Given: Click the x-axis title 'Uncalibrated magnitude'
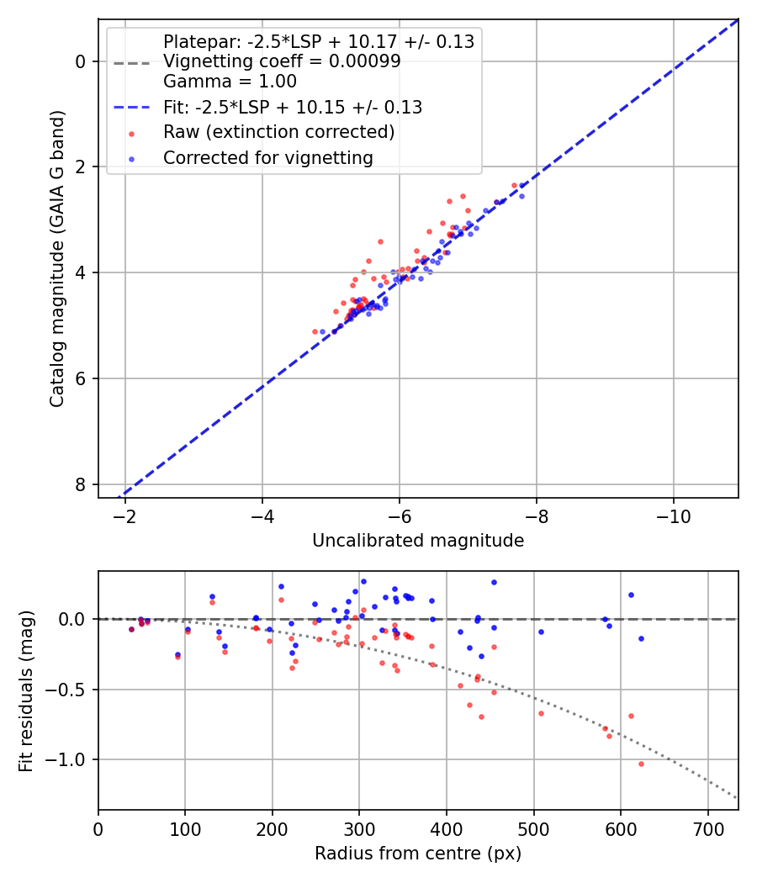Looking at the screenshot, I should tap(418, 541).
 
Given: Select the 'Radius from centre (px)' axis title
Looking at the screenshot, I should tap(418, 854).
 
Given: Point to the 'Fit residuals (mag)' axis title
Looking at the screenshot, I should tap(26, 690).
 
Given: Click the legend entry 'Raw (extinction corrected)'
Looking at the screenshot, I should tap(278, 132).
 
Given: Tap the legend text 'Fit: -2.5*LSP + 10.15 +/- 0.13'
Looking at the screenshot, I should tap(293, 108).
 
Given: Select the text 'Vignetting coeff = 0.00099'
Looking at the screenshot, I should tap(282, 62).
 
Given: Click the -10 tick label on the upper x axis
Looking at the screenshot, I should tap(673, 516).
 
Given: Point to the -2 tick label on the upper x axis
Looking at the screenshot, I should tap(125, 516).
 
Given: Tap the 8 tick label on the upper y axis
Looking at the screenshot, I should tap(81, 484).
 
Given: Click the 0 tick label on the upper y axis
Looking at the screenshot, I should tap(81, 61).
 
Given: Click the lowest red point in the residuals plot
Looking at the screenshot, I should tap(641, 764).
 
